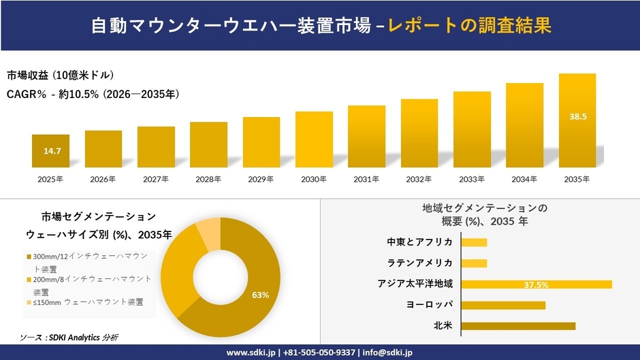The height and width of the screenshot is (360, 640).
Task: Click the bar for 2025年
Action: (50, 151)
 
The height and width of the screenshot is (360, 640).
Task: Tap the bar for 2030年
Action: (314, 140)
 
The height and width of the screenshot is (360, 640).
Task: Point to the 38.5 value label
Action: (577, 117)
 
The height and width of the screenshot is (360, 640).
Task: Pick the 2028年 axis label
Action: (208, 180)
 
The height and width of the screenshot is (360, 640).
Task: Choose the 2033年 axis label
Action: (472, 180)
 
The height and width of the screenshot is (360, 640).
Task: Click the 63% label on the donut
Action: (260, 295)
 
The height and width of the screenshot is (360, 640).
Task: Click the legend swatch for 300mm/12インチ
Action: (29, 257)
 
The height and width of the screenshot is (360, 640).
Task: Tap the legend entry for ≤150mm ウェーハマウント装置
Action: (89, 302)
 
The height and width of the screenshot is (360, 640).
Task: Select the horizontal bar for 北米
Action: (518, 326)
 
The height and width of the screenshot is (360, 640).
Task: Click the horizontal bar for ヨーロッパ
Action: (503, 305)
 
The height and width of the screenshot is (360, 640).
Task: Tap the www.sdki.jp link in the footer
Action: (251, 353)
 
